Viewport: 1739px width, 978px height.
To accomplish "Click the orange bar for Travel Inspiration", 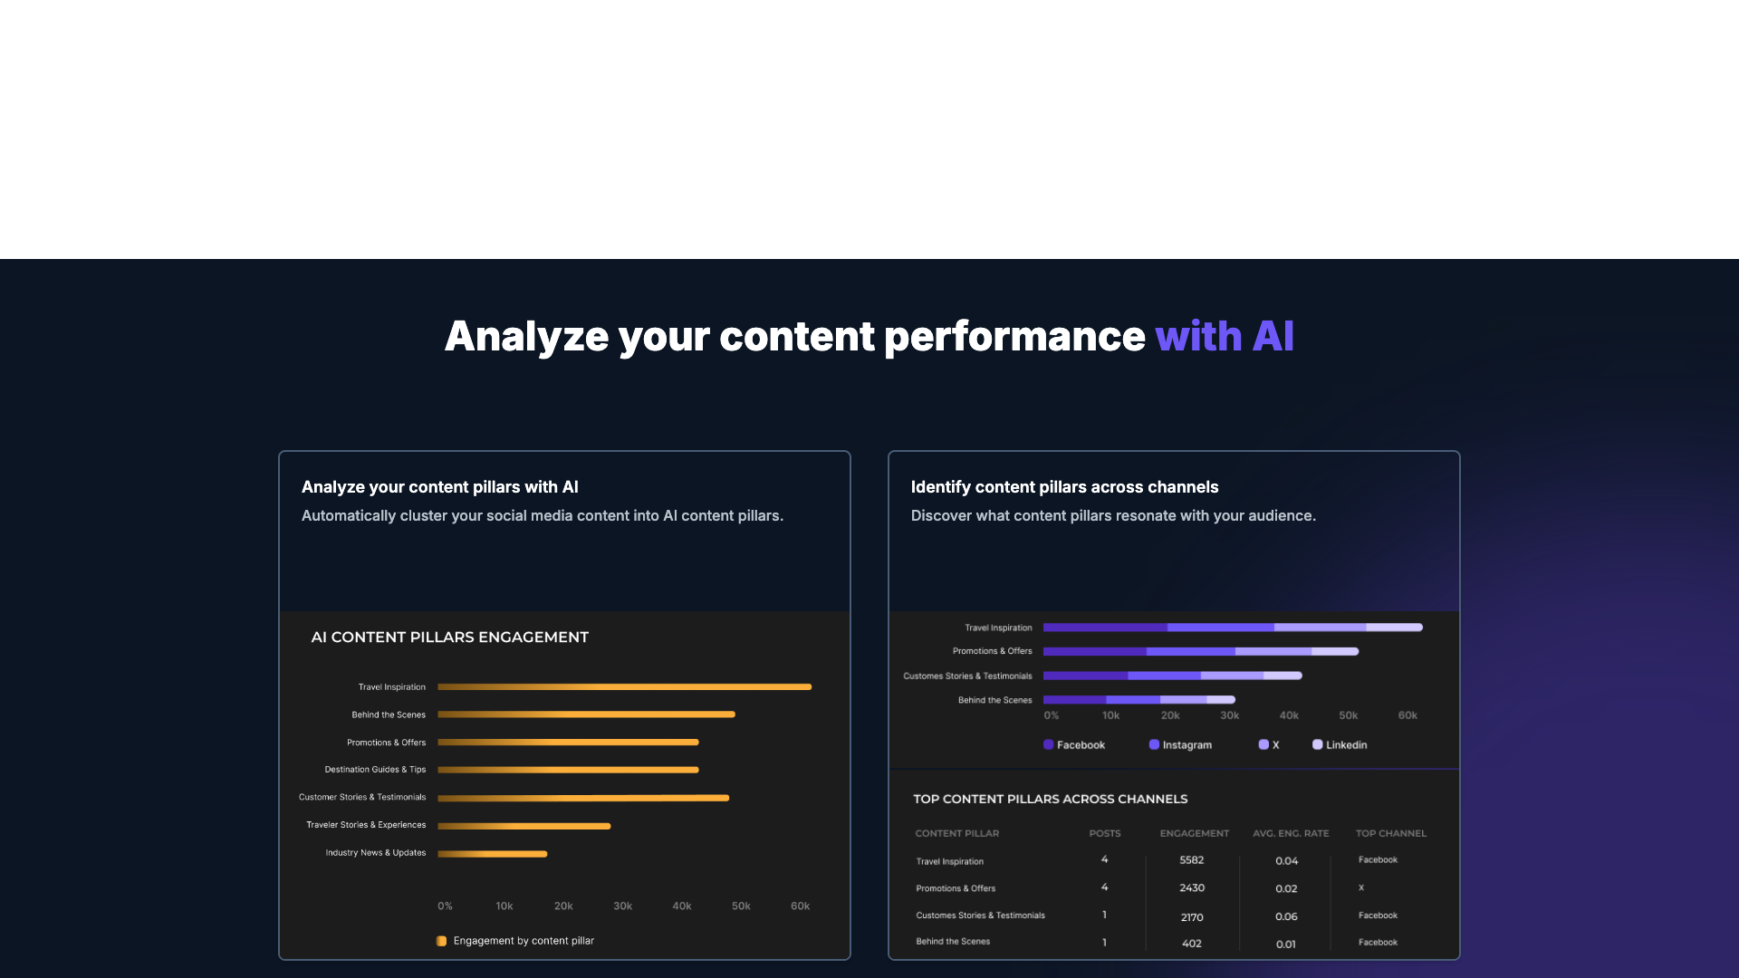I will coord(624,687).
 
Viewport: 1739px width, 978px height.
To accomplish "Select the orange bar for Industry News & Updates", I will coord(492,854).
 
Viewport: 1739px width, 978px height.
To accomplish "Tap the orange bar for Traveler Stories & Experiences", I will coord(524,826).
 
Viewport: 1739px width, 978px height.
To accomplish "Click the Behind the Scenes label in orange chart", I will coord(389,715).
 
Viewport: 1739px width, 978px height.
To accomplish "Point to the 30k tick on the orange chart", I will coord(622,906).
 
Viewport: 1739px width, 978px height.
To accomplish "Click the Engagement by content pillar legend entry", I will coord(524,941).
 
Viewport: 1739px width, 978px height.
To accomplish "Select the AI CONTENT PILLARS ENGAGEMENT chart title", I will coord(450,638).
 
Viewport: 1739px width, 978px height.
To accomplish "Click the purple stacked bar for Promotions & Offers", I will coord(1200,651).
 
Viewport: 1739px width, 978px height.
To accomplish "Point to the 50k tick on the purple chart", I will coord(1348,715).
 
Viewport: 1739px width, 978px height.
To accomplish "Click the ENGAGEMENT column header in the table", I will coord(1194,833).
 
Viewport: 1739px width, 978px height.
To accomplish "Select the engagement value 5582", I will coord(1192,860).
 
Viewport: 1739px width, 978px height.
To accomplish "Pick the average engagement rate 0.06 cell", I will coord(1286,916).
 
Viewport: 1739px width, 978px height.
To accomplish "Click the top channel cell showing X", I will coord(1360,887).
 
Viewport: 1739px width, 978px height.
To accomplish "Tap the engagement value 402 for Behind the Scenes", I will coord(1192,944).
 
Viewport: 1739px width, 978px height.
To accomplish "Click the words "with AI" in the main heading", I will coord(1224,337).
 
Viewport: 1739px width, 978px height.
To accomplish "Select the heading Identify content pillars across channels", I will coord(1064,487).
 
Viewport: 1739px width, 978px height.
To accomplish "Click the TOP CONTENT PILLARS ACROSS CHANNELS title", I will coord(1050,799).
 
